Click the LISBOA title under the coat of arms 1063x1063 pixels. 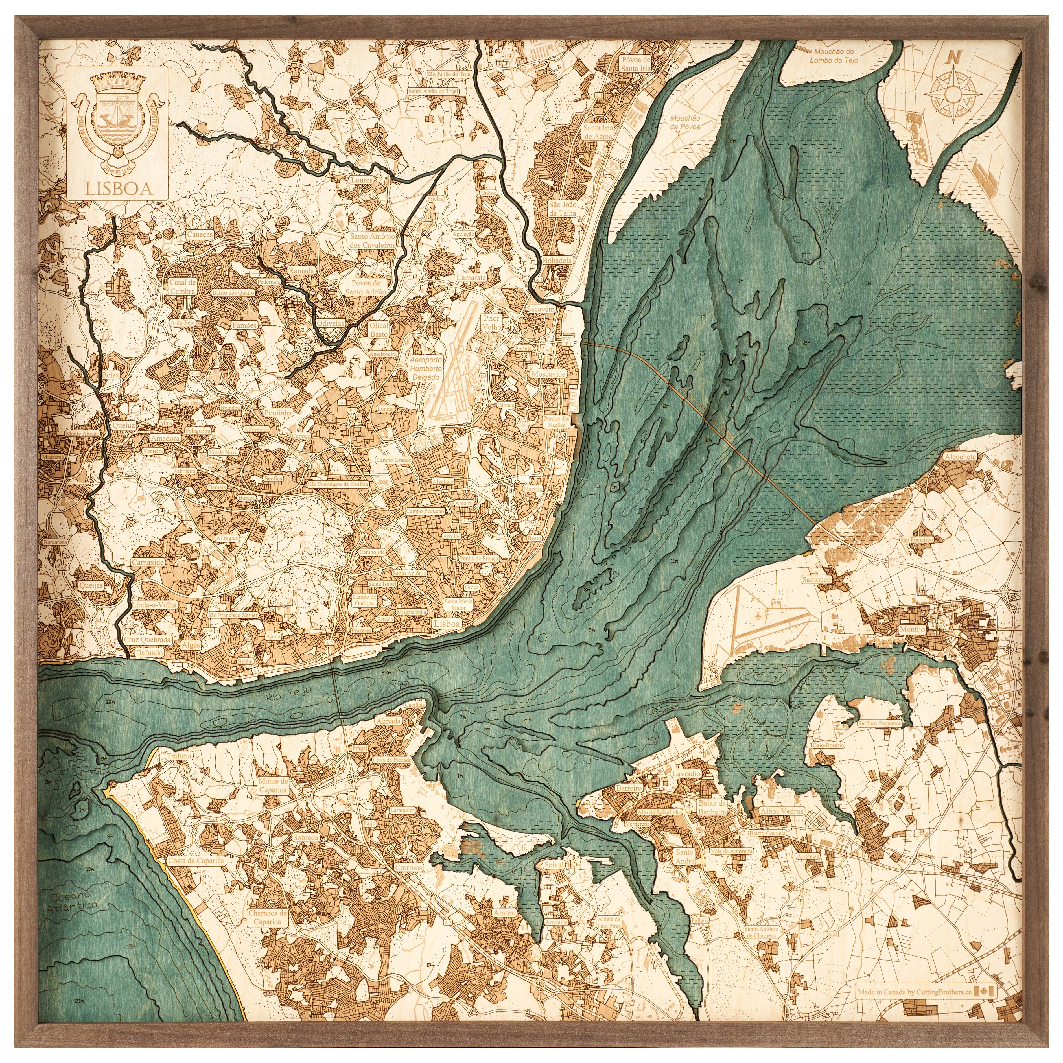pyautogui.click(x=118, y=189)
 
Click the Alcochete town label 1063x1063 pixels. pyautogui.click(x=960, y=457)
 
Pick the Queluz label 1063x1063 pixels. pyautogui.click(x=122, y=425)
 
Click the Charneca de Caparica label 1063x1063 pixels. pyautogui.click(x=268, y=917)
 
